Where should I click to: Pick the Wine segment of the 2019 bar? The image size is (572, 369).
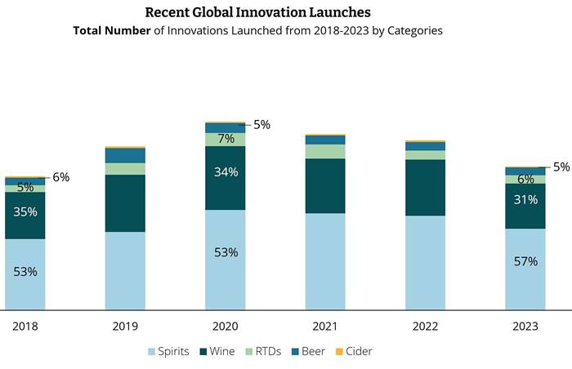[125, 203]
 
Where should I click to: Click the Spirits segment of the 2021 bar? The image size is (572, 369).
[325, 261]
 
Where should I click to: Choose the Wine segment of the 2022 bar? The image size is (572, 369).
[425, 188]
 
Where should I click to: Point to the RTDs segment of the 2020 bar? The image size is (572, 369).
[225, 140]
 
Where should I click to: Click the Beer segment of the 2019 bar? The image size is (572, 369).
[125, 155]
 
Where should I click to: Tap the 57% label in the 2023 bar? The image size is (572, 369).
[525, 261]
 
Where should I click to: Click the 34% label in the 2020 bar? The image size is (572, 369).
[226, 171]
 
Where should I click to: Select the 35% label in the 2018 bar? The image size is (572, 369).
[25, 211]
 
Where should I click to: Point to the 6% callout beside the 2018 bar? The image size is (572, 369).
[61, 177]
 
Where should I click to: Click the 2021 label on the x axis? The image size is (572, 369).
[325, 326]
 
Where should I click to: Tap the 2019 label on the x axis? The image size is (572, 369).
[125, 326]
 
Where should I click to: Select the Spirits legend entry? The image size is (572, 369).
[168, 351]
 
